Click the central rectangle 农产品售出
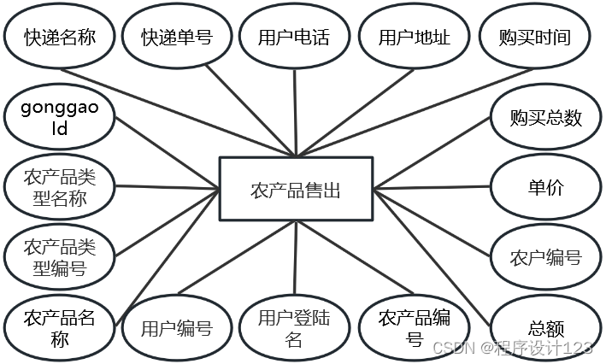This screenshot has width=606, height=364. (x=296, y=190)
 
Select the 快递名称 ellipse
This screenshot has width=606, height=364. (x=59, y=37)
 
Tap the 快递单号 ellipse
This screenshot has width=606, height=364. (x=177, y=37)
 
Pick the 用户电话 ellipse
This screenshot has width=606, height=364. (x=293, y=37)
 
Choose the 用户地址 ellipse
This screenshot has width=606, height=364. (x=414, y=37)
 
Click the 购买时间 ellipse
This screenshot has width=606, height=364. (x=534, y=37)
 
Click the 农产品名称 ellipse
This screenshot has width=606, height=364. (x=59, y=328)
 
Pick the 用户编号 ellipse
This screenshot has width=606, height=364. (x=176, y=327)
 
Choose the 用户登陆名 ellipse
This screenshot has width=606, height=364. (x=293, y=328)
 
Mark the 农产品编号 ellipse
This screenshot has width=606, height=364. (x=414, y=328)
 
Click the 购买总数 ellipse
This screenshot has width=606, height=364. (x=544, y=118)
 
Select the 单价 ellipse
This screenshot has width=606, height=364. (x=544, y=188)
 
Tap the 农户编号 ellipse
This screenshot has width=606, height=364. (x=544, y=257)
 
